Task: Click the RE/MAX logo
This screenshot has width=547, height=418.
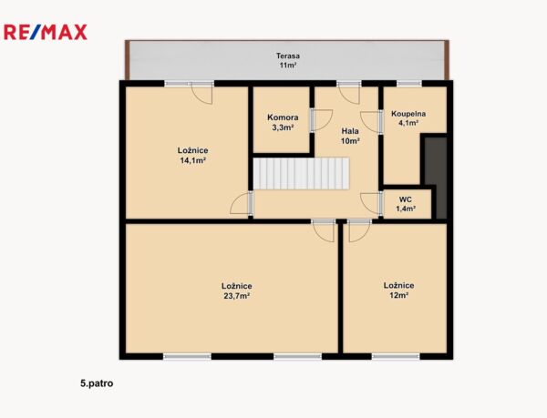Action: tap(46, 32)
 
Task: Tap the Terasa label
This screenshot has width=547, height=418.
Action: tap(288, 56)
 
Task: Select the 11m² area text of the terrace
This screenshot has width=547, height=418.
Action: tap(288, 66)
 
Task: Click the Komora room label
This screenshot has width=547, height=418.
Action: tap(283, 117)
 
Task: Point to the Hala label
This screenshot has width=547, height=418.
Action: tap(350, 131)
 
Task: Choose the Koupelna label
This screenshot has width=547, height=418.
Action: tap(408, 114)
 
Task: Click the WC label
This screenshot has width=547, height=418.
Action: tap(406, 199)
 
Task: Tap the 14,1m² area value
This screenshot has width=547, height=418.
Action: tap(192, 160)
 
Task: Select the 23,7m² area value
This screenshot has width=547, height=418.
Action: tap(236, 296)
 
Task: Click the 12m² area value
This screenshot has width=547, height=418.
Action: tap(399, 295)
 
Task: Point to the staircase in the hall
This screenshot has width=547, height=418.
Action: tap(301, 173)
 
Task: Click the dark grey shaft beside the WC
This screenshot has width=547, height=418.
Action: tap(436, 178)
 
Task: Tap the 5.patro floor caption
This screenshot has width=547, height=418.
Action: tap(97, 383)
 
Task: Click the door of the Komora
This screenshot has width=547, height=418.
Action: tap(322, 120)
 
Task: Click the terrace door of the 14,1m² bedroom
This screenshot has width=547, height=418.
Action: tap(201, 93)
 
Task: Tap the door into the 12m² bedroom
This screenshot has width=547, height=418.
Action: tap(359, 230)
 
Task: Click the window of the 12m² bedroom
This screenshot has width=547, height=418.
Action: tap(396, 356)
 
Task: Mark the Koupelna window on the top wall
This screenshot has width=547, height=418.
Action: tap(409, 83)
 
